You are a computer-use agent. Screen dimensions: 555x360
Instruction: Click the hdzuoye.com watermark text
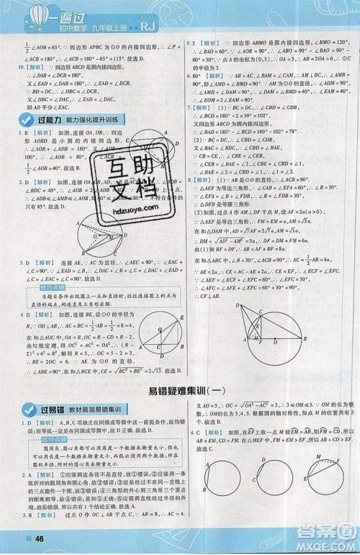(x=127, y=206)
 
